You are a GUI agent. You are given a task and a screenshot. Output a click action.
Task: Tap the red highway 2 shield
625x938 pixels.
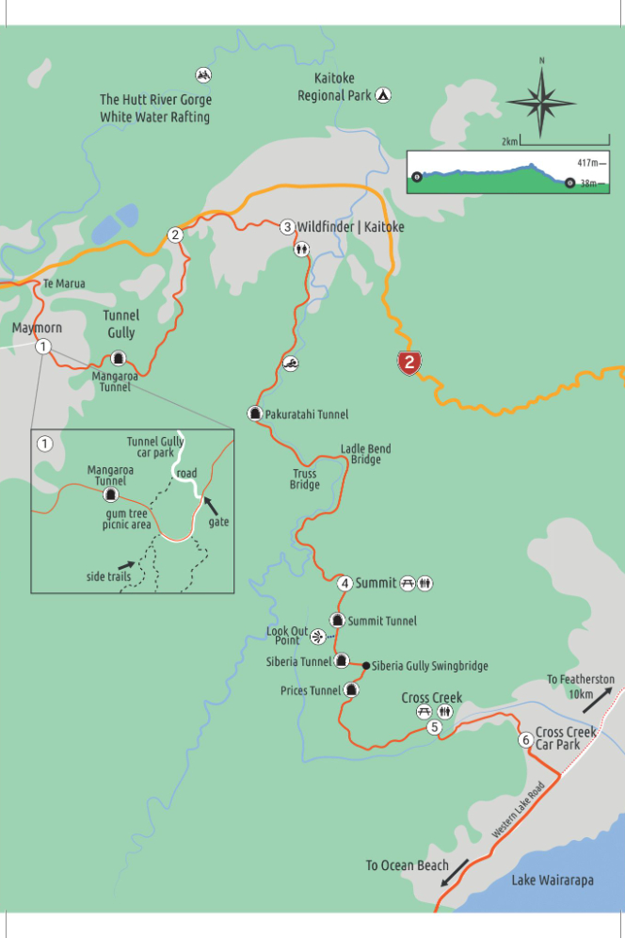click(409, 363)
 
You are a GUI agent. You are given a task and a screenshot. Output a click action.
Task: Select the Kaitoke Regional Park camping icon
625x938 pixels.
click(383, 95)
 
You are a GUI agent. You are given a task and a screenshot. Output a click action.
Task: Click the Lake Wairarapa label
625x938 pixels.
click(553, 881)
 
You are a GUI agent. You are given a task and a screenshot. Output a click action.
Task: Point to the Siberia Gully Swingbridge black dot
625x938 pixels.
click(365, 666)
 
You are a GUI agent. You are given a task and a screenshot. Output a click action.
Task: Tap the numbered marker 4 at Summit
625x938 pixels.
click(345, 583)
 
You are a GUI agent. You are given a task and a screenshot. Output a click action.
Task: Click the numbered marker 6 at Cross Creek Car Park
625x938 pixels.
click(525, 739)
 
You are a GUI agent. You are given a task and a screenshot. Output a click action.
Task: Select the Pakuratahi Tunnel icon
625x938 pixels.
click(254, 412)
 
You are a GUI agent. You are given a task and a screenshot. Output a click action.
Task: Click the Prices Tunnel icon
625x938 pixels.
click(350, 690)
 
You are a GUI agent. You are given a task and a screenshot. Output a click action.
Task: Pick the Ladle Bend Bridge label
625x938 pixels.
click(365, 454)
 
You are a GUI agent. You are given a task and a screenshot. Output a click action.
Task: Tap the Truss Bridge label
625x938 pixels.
click(304, 479)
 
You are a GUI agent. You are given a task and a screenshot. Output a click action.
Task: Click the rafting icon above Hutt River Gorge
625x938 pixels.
click(203, 74)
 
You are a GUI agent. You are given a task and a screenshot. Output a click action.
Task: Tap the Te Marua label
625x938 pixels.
click(64, 283)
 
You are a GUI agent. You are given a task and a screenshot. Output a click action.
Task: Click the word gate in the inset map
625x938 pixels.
click(219, 521)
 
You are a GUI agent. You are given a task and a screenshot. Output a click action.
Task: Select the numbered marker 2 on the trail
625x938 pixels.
click(175, 234)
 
